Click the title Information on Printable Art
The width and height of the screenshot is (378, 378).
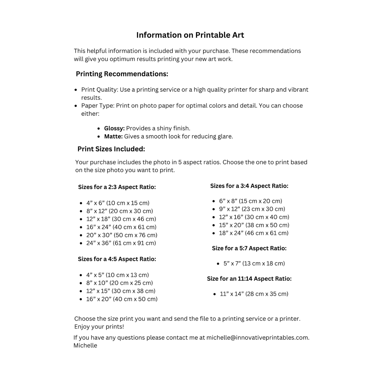190,35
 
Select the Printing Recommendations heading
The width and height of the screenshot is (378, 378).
122,74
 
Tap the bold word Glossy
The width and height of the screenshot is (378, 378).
114,128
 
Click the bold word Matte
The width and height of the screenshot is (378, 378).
113,136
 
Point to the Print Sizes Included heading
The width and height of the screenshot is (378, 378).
111,149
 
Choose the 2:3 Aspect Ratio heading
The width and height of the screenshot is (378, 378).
117,187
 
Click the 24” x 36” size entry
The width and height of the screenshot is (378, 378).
121,243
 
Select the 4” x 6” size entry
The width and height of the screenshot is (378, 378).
118,203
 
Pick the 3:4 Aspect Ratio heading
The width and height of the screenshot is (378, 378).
249,186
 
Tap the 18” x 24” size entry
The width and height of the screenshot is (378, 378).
254,233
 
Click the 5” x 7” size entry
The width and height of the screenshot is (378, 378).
254,263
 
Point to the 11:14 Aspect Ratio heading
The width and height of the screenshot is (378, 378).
249,278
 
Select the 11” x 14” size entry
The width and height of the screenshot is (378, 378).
254,294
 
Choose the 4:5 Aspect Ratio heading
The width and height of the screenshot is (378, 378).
117,259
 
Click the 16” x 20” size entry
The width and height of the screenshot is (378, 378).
122,299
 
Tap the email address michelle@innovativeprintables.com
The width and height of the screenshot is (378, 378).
258,337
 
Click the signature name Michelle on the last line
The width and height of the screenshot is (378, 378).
85,345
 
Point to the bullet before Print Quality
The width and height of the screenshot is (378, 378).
76,90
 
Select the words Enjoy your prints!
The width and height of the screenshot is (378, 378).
99,327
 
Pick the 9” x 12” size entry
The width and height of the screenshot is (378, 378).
252,209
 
